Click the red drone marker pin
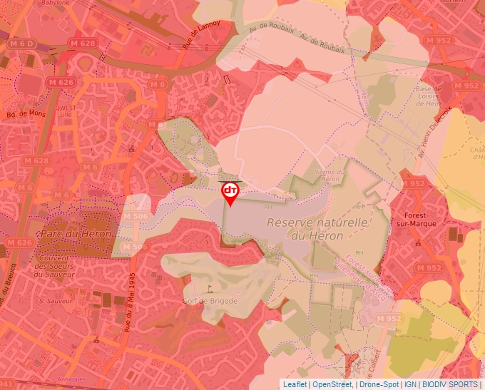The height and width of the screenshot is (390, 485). coord(230,192)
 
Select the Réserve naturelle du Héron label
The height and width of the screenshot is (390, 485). coord(317,229)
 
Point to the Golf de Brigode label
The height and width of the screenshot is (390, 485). coord(210,300)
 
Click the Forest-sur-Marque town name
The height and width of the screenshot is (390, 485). coord(426,219)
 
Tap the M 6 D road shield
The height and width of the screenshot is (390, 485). coord(21,44)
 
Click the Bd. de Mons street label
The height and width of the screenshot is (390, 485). coord(26,114)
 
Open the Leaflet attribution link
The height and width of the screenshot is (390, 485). coord(295,384)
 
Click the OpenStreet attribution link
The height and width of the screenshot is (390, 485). coord(333,384)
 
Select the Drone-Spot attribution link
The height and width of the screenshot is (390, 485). coord(379,384)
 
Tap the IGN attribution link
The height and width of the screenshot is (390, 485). coord(410,384)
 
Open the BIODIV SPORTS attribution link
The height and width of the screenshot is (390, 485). coord(449,384)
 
